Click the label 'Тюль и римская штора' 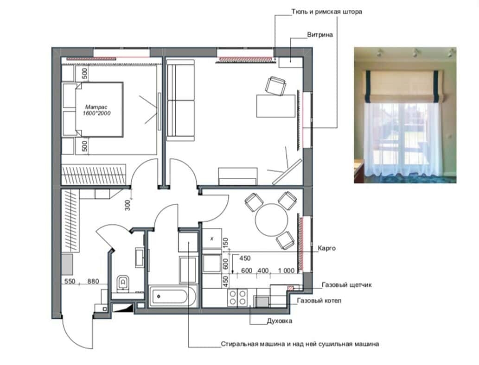point(326,12)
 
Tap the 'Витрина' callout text point(320,35)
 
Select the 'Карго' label point(326,248)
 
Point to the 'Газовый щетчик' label point(347,285)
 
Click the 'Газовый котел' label point(319,301)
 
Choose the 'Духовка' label point(280,321)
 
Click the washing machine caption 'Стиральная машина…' point(300,344)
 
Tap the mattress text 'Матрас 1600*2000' point(96,110)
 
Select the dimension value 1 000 point(286,271)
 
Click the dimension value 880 point(93,281)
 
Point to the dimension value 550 point(70,281)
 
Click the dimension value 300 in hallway point(128,205)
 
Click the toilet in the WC point(123,283)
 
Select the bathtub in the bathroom point(172,296)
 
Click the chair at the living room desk point(276,86)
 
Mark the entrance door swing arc point(74,339)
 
